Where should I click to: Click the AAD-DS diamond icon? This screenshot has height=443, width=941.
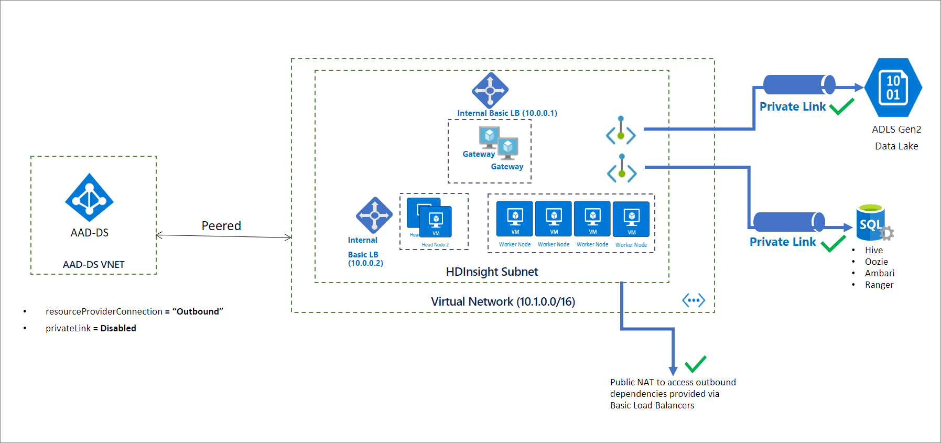click(x=89, y=197)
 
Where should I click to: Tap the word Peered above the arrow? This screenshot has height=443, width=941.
click(x=221, y=226)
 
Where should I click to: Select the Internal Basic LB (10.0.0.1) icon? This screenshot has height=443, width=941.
click(x=490, y=90)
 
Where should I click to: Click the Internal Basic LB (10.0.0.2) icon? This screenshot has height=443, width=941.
click(x=374, y=215)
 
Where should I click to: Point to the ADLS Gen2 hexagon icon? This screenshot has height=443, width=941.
click(x=893, y=88)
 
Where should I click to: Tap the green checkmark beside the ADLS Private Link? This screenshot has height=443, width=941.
click(x=842, y=106)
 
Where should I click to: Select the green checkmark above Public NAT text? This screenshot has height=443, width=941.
click(x=696, y=364)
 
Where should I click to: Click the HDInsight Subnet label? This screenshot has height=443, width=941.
click(x=492, y=272)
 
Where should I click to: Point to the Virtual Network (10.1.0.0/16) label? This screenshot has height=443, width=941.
click(x=503, y=301)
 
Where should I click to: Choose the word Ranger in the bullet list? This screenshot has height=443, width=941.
click(x=879, y=285)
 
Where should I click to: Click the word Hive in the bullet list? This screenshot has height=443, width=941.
click(x=874, y=250)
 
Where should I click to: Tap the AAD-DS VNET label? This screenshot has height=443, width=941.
click(x=94, y=265)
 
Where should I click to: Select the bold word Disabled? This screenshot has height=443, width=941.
click(x=118, y=328)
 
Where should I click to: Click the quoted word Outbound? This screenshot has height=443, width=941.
click(x=198, y=311)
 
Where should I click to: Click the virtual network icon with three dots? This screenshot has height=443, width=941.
click(x=694, y=300)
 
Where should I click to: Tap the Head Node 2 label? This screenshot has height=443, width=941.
click(x=435, y=245)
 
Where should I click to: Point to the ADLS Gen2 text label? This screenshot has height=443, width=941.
click(x=896, y=129)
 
